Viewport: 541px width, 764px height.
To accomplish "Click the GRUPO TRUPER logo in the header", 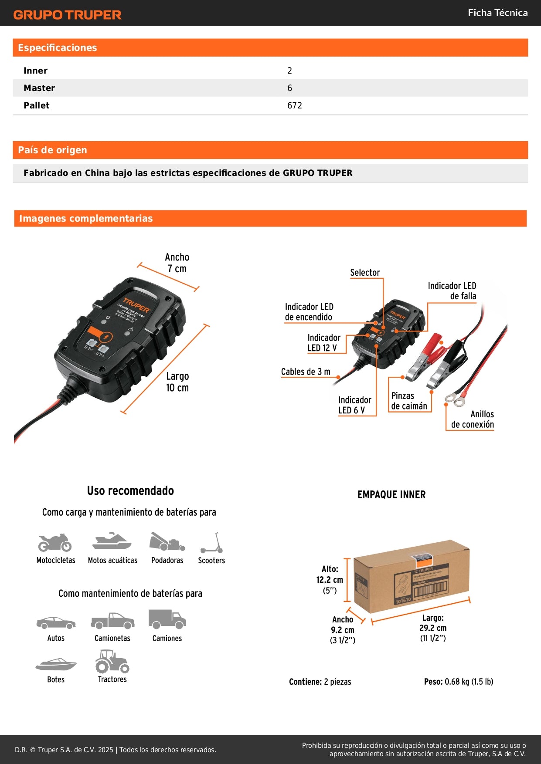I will click(67, 15).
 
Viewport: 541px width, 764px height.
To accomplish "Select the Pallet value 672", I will click(294, 105).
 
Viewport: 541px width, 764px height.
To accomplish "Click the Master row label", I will click(39, 88).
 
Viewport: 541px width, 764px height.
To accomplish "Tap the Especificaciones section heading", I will click(57, 47).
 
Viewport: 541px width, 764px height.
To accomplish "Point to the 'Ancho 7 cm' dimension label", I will click(177, 263).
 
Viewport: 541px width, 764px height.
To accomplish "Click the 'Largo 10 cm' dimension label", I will click(177, 382).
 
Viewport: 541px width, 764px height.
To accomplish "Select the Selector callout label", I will click(365, 273).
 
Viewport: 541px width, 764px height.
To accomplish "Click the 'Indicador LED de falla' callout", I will click(452, 291).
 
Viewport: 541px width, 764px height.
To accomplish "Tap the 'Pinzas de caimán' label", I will click(409, 401).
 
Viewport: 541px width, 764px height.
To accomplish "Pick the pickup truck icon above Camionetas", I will click(112, 621).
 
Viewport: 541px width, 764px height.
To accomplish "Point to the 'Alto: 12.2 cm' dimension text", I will click(330, 575).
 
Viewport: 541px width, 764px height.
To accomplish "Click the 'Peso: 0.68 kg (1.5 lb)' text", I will click(458, 682).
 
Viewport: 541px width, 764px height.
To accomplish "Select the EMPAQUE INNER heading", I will click(391, 494).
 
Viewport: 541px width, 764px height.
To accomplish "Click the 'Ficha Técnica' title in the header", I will click(497, 13).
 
